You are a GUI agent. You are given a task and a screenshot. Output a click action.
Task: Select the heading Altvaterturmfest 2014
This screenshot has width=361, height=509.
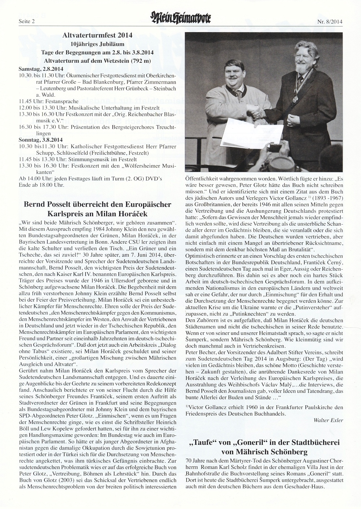coord(97,35)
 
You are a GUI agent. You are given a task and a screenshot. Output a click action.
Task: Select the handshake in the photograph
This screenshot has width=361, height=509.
coord(258,113)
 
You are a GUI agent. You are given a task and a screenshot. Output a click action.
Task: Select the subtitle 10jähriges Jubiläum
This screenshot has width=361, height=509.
coord(97,44)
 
